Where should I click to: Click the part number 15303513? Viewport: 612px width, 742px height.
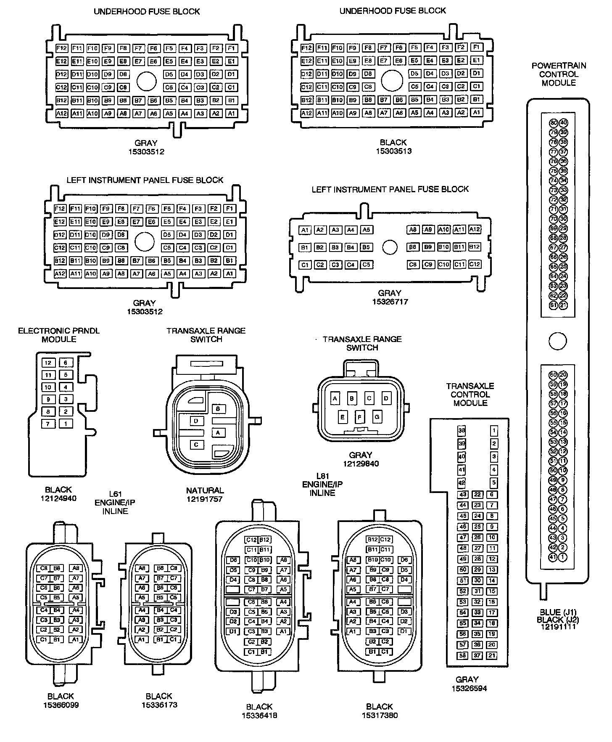[x=393, y=151]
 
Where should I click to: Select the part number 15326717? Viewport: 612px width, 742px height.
[x=389, y=302]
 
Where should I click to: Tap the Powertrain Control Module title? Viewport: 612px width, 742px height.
[x=559, y=74]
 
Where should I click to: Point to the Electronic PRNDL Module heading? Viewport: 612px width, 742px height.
[x=59, y=335]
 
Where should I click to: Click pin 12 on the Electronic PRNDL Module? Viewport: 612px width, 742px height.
[x=48, y=363]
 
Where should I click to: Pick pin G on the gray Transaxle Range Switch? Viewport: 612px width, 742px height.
[x=377, y=417]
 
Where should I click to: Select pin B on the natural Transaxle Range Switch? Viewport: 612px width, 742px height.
[x=218, y=408]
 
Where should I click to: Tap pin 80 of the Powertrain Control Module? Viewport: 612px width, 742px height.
[x=554, y=123]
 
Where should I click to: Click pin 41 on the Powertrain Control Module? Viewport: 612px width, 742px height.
[x=554, y=557]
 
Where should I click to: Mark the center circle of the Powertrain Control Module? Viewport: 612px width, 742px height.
[x=558, y=341]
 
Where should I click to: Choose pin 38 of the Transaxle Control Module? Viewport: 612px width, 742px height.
[x=462, y=430]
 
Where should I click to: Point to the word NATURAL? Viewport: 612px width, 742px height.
[x=205, y=490]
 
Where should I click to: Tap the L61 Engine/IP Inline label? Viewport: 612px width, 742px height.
[x=115, y=503]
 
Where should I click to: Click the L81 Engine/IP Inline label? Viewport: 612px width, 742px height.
[x=322, y=485]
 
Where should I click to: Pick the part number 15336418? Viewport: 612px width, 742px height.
[x=259, y=715]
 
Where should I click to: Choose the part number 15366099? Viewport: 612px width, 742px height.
[x=61, y=705]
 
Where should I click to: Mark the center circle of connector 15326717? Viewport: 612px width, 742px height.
[x=390, y=247]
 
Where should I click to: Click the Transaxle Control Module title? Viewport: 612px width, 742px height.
[x=470, y=395]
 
